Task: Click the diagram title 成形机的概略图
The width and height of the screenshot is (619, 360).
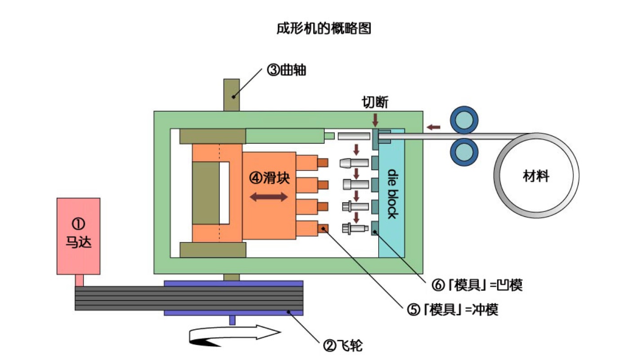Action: pos(323,29)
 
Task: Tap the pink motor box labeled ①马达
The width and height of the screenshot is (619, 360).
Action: pos(78,236)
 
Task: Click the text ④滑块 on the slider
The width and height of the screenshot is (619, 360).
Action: pos(270,178)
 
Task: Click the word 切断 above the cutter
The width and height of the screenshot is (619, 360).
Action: pos(375,103)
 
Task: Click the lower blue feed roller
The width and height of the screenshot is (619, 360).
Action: pos(464,152)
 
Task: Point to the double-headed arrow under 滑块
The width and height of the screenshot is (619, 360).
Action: pos(269,197)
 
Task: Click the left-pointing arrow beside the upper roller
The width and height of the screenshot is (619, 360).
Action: pos(433,127)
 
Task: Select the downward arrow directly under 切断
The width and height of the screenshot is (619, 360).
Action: pos(375,119)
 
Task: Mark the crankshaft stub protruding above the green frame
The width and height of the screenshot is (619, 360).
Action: pos(232,95)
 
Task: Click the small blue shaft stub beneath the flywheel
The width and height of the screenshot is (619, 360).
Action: pos(232,320)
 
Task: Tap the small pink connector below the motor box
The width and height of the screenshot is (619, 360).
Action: pos(79,280)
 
